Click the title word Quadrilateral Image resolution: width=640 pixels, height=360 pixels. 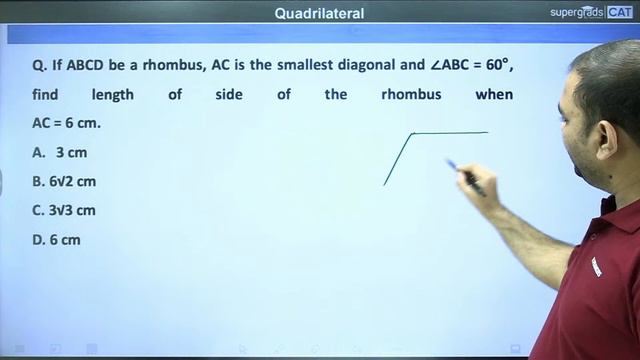[x=320, y=13]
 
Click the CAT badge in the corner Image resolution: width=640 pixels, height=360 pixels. [x=620, y=13]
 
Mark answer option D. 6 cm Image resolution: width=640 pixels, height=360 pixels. [x=57, y=240]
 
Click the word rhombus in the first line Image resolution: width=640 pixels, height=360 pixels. [x=174, y=66]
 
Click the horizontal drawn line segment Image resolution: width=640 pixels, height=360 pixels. [x=450, y=132]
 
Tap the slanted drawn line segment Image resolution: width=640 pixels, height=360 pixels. [x=398, y=159]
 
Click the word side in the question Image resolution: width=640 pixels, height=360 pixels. [x=229, y=95]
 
